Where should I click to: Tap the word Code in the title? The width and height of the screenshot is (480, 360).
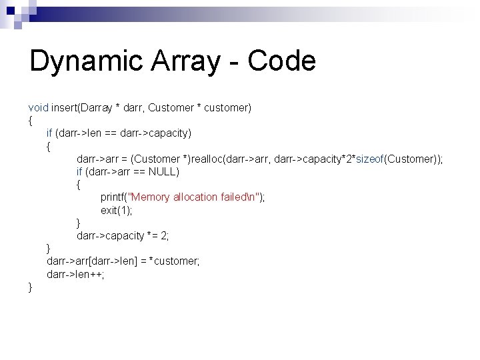click(281, 61)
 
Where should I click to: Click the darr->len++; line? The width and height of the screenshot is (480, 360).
click(75, 275)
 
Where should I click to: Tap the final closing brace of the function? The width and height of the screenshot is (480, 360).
click(31, 287)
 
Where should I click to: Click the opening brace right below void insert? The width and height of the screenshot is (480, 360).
click(31, 121)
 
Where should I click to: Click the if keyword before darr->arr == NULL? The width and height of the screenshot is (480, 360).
click(80, 172)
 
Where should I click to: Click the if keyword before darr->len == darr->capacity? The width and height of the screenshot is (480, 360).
click(50, 133)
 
